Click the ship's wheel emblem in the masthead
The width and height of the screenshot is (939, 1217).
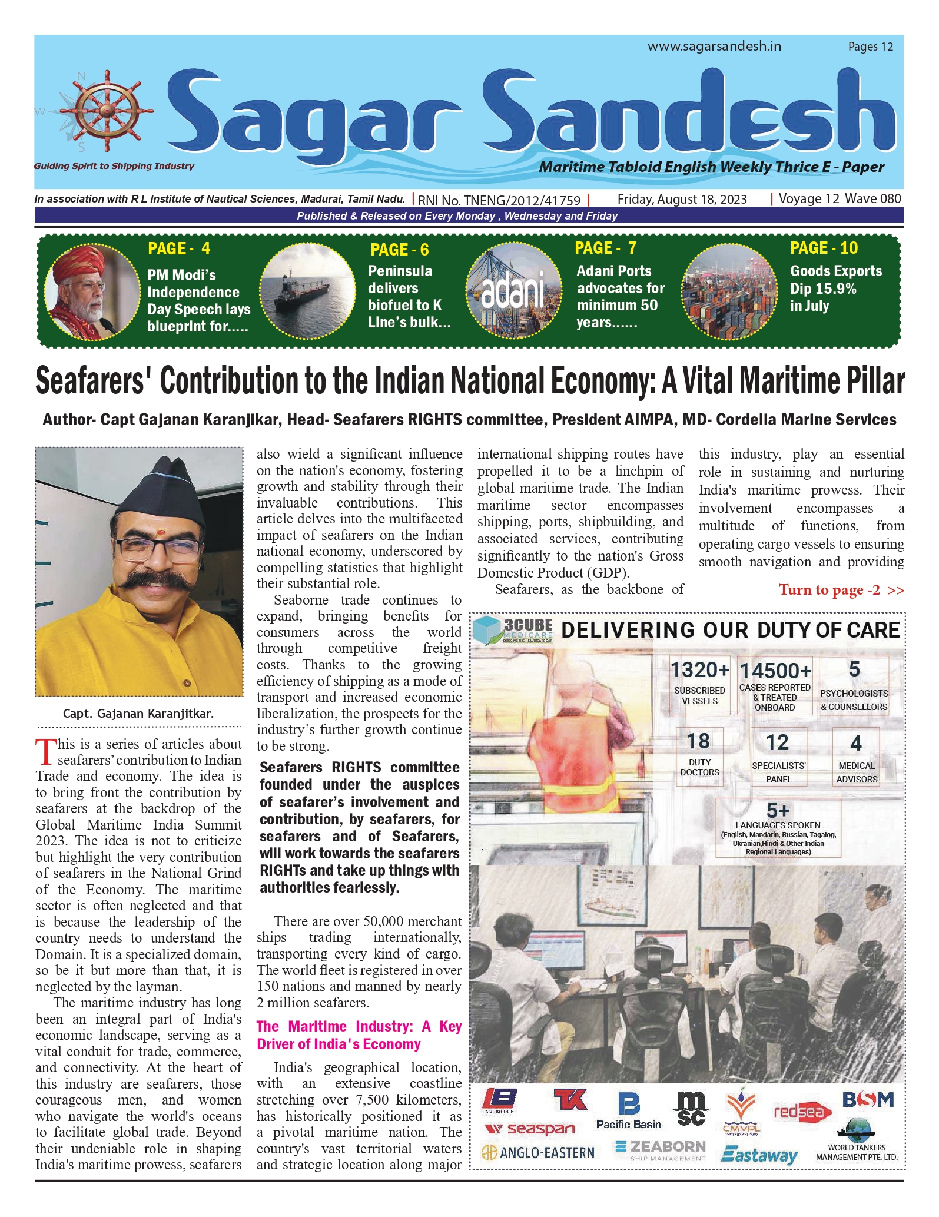tap(107, 110)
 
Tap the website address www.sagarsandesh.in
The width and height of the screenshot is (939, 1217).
tap(714, 46)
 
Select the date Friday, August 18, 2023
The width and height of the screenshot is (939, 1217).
tap(682, 200)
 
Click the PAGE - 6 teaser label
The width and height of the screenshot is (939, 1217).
tap(399, 250)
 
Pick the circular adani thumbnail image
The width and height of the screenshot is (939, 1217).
tap(513, 290)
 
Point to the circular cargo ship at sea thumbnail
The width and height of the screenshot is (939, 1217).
tap(307, 291)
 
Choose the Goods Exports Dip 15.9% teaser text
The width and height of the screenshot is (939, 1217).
tap(835, 289)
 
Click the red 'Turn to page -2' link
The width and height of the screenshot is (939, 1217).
tap(841, 590)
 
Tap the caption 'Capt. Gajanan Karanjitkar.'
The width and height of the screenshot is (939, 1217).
tap(138, 714)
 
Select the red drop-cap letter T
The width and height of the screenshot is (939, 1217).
tap(45, 752)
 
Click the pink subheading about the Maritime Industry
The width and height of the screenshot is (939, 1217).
tap(359, 1034)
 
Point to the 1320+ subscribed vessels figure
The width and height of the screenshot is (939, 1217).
tap(699, 670)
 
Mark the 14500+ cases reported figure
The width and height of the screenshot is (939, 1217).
tap(775, 671)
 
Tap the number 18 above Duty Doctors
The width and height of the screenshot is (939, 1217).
tap(699, 741)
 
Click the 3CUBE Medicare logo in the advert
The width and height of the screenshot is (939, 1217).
tap(514, 629)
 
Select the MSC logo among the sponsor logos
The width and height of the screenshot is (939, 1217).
tap(691, 1109)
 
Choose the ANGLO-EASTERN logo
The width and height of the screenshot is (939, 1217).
tap(537, 1152)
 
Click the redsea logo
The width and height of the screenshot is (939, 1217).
tap(801, 1112)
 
